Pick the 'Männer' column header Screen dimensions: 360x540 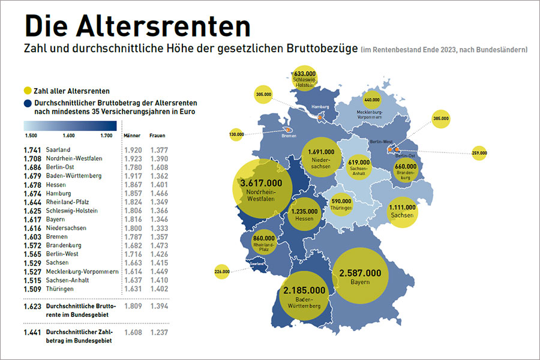coord(131,136)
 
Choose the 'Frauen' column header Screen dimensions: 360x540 coord(157,136)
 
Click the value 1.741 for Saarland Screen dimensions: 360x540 coord(31,149)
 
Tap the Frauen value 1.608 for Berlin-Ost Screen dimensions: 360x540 coord(158,167)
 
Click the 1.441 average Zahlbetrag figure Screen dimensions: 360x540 coord(31,332)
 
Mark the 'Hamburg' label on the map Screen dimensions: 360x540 coord(318,108)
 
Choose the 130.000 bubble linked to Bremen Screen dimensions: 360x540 coord(236,134)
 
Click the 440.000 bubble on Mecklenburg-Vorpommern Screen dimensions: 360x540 coord(372,100)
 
